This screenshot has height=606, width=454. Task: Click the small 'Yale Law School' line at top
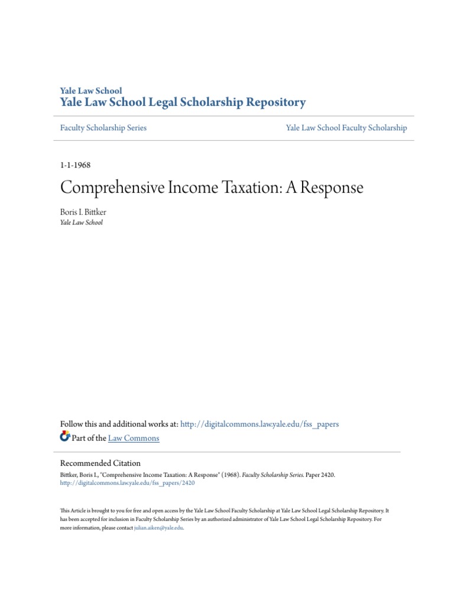(91, 91)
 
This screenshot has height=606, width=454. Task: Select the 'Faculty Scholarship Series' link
(103, 128)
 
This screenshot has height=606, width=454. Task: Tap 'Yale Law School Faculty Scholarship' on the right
(346, 128)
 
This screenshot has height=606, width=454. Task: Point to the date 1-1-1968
(76, 165)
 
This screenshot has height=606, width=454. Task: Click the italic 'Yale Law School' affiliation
(82, 223)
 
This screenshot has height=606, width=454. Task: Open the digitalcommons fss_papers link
(260, 424)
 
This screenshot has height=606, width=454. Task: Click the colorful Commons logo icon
(65, 437)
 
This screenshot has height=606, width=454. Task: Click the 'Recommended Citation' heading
(100, 463)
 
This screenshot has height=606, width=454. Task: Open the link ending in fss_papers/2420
(128, 483)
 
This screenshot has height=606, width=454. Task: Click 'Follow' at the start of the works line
(72, 424)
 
